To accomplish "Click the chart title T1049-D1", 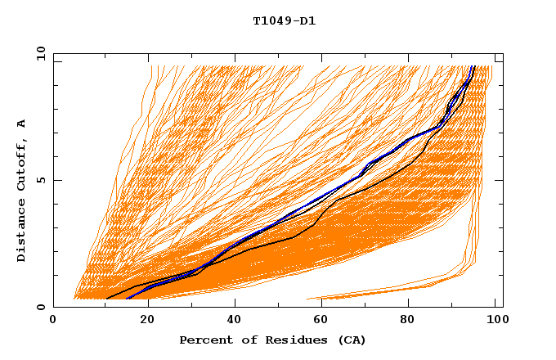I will coord(284,21).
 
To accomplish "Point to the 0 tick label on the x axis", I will coord(54,321).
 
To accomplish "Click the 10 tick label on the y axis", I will coord(40,53).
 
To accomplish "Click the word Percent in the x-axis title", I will coord(204,340).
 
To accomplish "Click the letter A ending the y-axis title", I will coord(21,123).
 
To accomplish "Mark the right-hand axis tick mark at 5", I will coord(499,180).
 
